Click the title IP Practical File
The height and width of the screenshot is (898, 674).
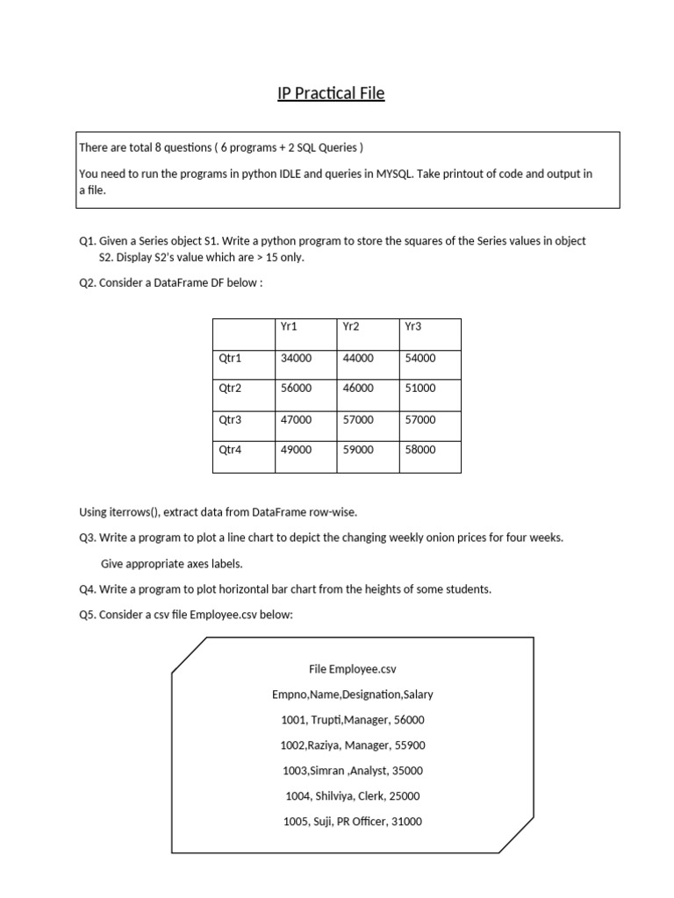coord(331,92)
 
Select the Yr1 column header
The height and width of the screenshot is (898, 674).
coord(289,327)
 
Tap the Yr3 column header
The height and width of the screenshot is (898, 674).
coord(413,327)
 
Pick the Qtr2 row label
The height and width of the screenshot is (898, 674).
coord(230,388)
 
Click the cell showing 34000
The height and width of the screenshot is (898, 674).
coord(296,358)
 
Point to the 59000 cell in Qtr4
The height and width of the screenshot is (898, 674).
coord(358,450)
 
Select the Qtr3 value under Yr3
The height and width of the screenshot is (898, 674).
coord(419,419)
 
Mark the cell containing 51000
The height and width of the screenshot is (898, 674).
coord(419,388)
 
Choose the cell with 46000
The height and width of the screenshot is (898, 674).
coord(358,388)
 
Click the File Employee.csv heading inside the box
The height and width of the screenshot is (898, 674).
coord(353,668)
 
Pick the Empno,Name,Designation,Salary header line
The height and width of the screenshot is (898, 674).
coord(353,694)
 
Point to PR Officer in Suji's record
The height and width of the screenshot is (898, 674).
coord(362,822)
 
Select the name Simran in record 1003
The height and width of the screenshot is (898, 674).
coord(324,771)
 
